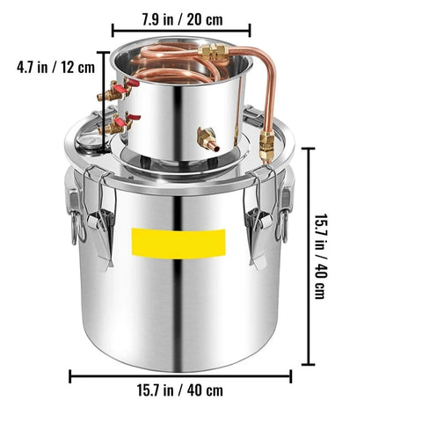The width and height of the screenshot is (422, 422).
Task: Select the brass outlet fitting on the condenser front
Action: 206,138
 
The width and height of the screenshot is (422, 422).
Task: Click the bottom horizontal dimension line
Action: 179,375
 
